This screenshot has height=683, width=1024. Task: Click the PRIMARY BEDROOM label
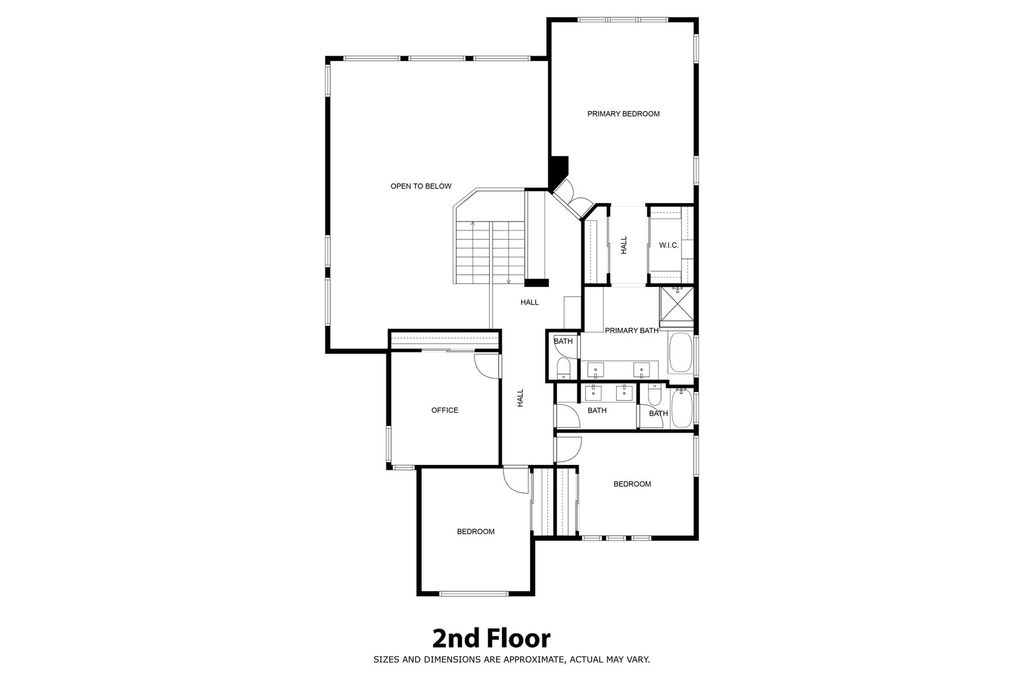coord(624,114)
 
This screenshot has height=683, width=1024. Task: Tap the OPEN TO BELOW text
coord(421,186)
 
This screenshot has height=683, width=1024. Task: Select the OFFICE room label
coord(445,410)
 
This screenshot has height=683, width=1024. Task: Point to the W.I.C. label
coord(669,245)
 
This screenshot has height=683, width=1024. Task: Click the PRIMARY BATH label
coord(631,331)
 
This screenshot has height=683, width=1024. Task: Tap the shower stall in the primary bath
coord(677,305)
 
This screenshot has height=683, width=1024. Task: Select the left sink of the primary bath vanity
coord(596,369)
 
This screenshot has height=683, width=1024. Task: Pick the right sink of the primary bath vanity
coord(642,369)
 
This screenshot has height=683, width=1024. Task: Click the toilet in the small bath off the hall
coord(563,368)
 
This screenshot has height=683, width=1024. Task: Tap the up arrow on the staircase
coord(473,252)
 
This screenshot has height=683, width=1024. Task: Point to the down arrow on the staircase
coord(509,252)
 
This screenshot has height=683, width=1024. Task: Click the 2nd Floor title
coord(492,639)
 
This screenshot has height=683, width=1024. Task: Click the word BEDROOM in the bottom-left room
coord(476,532)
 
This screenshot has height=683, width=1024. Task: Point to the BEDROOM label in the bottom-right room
coord(632,484)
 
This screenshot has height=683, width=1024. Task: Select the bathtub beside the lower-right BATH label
coord(681,408)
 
